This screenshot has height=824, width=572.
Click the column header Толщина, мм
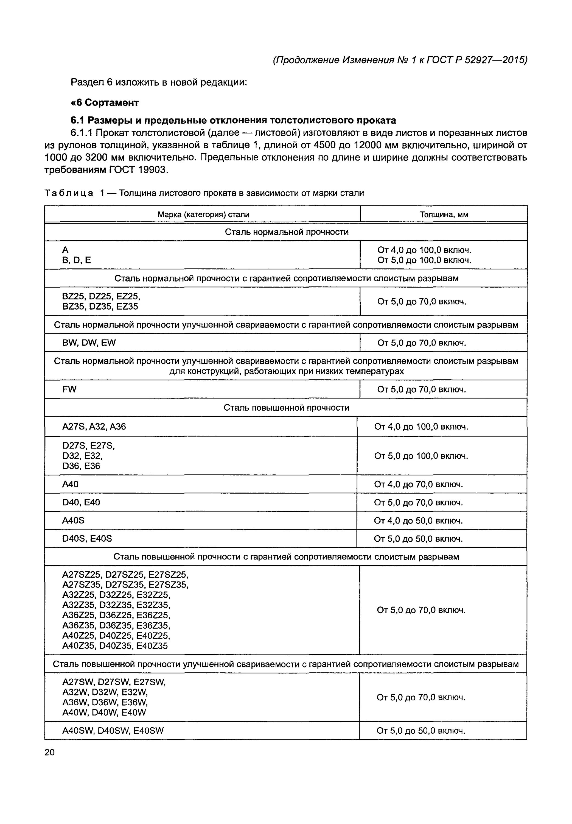[444, 215]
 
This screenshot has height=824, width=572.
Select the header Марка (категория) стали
[203, 215]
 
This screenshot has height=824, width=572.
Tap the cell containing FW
[69, 389]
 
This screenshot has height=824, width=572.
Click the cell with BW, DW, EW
[89, 343]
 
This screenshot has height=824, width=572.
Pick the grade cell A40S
[74, 520]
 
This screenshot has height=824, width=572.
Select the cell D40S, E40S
[87, 539]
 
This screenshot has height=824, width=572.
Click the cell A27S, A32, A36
[94, 427]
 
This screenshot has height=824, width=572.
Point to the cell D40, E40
[81, 502]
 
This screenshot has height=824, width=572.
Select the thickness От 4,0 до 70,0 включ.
[418, 485]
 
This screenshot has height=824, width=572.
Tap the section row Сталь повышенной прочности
[286, 408]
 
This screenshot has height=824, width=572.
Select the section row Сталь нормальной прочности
[286, 232]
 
